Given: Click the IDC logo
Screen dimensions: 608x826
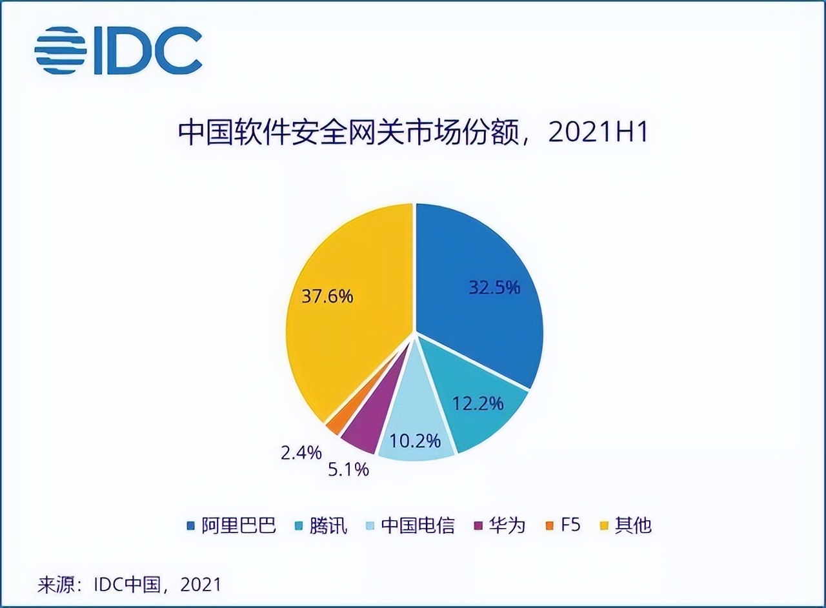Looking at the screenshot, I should [x=118, y=50].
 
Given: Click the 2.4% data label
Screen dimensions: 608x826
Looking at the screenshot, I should [x=301, y=452].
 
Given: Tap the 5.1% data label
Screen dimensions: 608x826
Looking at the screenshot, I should [x=348, y=469].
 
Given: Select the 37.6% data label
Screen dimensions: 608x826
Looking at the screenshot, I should [x=327, y=296].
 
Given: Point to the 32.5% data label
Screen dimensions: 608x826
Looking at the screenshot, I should [x=494, y=287].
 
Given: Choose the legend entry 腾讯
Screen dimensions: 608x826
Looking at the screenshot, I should [x=328, y=525].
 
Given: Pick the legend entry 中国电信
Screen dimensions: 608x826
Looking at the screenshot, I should [x=418, y=525].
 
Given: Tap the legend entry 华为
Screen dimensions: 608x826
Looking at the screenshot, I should [x=507, y=525].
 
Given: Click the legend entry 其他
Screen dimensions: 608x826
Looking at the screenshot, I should [x=633, y=525].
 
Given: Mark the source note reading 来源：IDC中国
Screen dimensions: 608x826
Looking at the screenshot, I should [x=130, y=585].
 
